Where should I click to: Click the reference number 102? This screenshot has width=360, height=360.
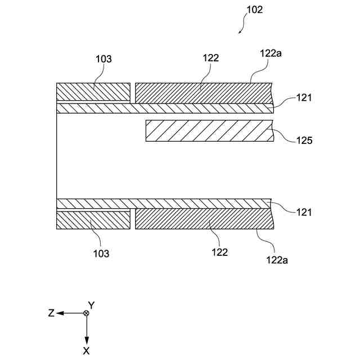pos(254,10)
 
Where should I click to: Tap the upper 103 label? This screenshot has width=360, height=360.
pos(104,58)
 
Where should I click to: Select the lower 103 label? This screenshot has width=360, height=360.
pos(101,253)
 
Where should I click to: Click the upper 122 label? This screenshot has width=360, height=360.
pos(211,57)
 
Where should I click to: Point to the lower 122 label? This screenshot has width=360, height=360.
pos(220,252)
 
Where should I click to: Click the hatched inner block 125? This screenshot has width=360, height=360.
pos(209,130)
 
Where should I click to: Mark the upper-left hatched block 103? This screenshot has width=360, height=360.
pos(93,92)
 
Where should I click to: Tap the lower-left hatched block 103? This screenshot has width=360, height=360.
pos(93,220)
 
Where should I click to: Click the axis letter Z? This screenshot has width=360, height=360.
pos(51,313)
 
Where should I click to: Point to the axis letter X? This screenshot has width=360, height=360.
pos(86,350)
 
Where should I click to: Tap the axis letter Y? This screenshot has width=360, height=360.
pos(91,305)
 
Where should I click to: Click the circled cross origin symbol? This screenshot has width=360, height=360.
pos(86,313)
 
